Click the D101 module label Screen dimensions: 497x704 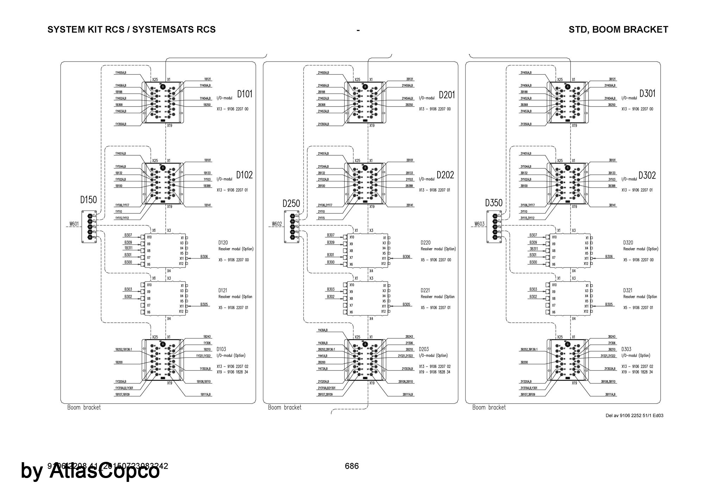click(245, 94)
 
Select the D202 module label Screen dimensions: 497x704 click(445, 175)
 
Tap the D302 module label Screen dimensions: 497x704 click(647, 175)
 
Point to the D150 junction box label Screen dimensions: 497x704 click(88, 200)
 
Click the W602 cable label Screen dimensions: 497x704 click(277, 224)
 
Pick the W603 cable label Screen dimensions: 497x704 click(479, 224)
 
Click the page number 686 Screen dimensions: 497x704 click(352, 466)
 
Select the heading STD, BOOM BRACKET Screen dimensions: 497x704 click(618, 30)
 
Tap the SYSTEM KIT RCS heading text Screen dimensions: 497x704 click(131, 30)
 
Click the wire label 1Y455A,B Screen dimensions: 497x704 click(121, 73)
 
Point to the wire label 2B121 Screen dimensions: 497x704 click(409, 79)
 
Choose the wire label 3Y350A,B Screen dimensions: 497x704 click(526, 124)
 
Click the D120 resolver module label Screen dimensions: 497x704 click(223, 243)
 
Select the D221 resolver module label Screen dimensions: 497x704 click(425, 290)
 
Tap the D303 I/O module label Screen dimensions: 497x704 click(626, 349)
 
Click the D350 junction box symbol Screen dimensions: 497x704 click(494, 226)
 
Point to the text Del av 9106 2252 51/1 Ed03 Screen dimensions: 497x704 click(634, 415)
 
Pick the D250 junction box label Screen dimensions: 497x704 click(291, 203)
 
